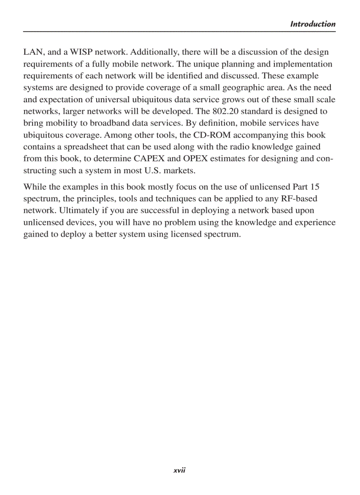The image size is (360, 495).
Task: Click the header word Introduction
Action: (x=312, y=24)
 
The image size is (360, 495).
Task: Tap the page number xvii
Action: (x=180, y=470)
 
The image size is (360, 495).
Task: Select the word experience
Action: (x=315, y=222)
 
